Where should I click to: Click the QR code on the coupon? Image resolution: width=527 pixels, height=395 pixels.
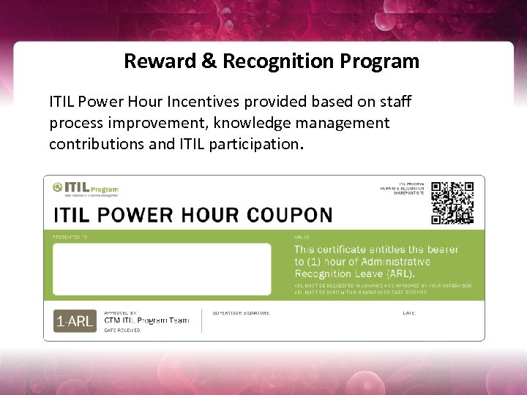(x=452, y=203)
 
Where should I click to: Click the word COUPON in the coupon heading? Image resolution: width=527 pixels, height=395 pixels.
(x=288, y=216)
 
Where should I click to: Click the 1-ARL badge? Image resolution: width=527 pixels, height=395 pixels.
(x=74, y=321)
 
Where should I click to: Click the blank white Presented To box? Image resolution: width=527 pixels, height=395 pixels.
(x=162, y=269)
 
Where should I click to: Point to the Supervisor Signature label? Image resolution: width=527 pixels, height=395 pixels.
(x=241, y=313)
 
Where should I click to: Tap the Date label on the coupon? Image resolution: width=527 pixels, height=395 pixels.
(x=409, y=313)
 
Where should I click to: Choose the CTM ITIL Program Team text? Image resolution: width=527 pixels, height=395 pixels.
(x=146, y=320)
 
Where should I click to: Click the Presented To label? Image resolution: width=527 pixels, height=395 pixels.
(x=70, y=237)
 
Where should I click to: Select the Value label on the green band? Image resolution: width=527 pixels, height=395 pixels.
(x=302, y=237)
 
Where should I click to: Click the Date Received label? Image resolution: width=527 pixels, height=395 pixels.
(x=122, y=331)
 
